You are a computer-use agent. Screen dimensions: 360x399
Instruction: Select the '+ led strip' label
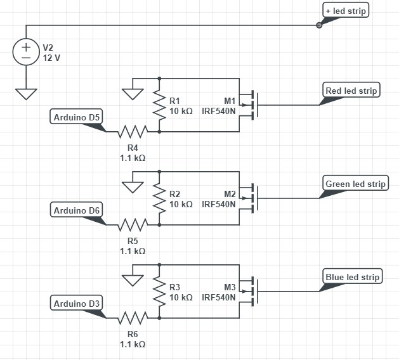point(346,11)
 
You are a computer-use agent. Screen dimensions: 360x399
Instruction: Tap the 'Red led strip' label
point(351,91)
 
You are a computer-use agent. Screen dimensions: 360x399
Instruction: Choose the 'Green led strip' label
point(355,184)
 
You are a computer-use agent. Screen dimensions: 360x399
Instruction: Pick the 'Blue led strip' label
point(352,277)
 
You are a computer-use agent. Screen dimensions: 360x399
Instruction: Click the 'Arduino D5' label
point(77,117)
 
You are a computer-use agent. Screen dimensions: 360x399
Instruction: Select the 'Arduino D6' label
point(77,210)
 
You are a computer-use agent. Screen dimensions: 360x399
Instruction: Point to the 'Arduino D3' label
point(77,304)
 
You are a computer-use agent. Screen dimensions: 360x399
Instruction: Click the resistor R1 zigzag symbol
point(159,105)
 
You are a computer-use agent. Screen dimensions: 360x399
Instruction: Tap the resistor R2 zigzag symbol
point(159,198)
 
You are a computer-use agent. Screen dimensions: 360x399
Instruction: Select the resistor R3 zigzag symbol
point(159,292)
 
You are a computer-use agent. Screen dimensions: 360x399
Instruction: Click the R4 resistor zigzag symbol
point(133,132)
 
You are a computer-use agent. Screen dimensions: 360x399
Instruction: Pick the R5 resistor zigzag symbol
point(133,225)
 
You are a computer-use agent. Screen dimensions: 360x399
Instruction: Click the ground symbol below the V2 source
point(26,93)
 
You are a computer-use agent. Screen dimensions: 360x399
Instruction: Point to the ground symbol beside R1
point(133,93)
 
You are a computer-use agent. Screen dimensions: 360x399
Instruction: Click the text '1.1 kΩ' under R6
point(133,344)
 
